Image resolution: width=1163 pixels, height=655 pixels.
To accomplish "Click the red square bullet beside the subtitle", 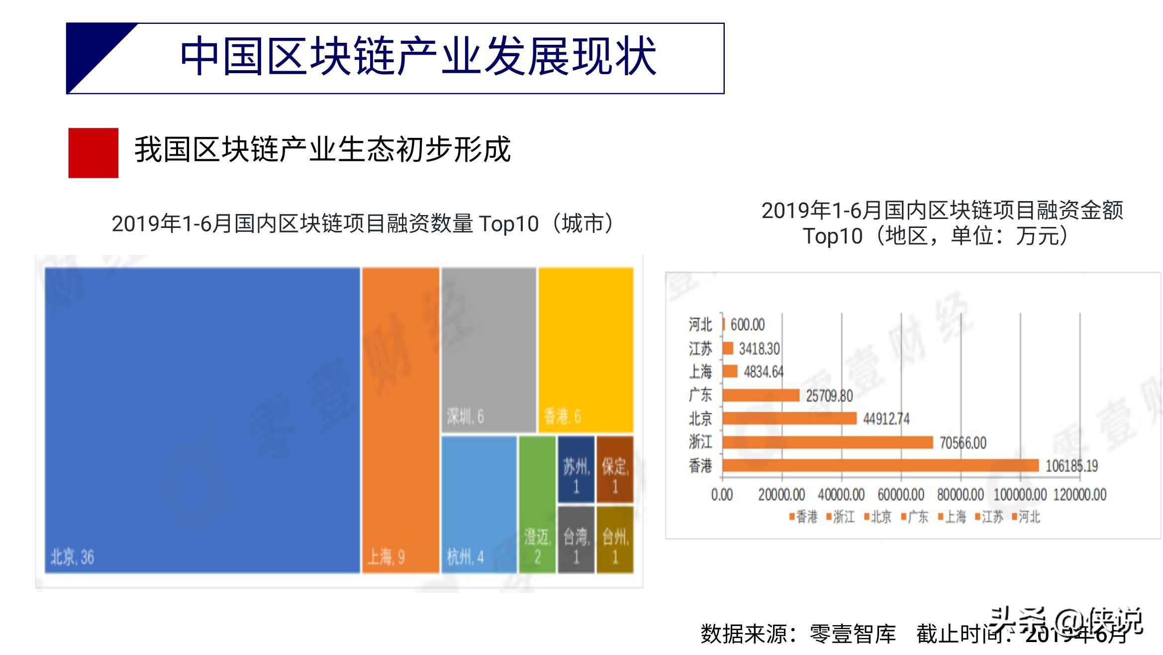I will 93,153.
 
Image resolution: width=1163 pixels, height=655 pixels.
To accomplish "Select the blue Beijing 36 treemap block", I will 202,420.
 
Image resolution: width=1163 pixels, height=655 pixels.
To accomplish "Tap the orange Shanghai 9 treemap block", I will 400,420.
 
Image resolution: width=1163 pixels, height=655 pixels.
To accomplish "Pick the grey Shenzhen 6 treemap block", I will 488,349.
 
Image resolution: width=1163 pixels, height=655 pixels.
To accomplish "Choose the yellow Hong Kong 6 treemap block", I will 585,349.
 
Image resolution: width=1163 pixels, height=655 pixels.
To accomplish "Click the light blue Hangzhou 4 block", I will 479,504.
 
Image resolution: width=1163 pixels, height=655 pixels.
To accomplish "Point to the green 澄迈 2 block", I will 537,504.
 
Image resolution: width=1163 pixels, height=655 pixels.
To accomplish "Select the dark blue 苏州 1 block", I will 576,469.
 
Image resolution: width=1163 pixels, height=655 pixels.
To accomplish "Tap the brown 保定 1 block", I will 615,469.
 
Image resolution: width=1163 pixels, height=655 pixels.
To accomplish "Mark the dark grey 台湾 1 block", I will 576,540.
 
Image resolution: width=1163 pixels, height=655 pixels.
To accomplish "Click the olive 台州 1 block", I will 615,540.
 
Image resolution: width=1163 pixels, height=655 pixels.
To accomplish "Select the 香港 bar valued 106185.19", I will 880,465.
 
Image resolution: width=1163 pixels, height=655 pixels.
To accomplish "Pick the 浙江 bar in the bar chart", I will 827,442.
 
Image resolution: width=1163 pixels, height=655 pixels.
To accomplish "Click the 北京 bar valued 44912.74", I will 789,419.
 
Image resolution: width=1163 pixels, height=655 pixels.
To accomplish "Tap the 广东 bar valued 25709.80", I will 761,395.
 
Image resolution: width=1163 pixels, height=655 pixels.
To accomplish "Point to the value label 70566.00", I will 963,442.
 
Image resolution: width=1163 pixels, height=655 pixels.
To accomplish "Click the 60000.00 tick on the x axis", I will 901,495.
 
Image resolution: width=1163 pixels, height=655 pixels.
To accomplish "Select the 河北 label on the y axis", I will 700,325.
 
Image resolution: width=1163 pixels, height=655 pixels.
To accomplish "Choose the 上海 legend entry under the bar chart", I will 952,517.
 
